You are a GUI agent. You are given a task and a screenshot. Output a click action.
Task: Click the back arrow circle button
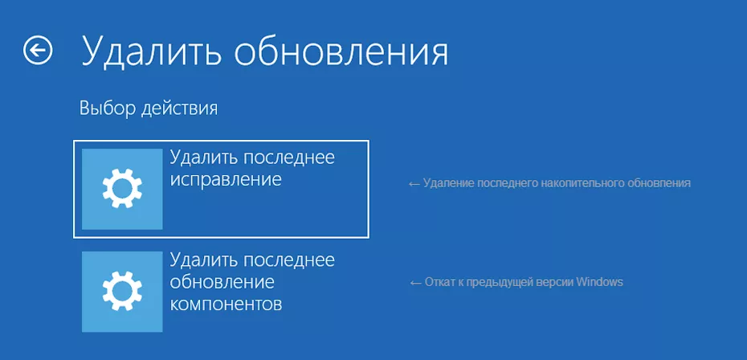pyautogui.click(x=38, y=51)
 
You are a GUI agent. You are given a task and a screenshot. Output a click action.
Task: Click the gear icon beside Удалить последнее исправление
pyautogui.click(x=122, y=189)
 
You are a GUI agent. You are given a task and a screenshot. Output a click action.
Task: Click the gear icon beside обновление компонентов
pyautogui.click(x=122, y=291)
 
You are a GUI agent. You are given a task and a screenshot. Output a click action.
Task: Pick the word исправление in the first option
pyautogui.click(x=226, y=179)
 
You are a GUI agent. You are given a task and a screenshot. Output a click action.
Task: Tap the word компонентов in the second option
pyautogui.click(x=226, y=305)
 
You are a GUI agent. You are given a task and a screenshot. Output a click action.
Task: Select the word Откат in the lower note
pyautogui.click(x=439, y=282)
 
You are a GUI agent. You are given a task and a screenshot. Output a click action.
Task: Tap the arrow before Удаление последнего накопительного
pyautogui.click(x=414, y=183)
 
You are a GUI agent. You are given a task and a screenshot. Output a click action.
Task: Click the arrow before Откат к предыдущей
pyautogui.click(x=415, y=282)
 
